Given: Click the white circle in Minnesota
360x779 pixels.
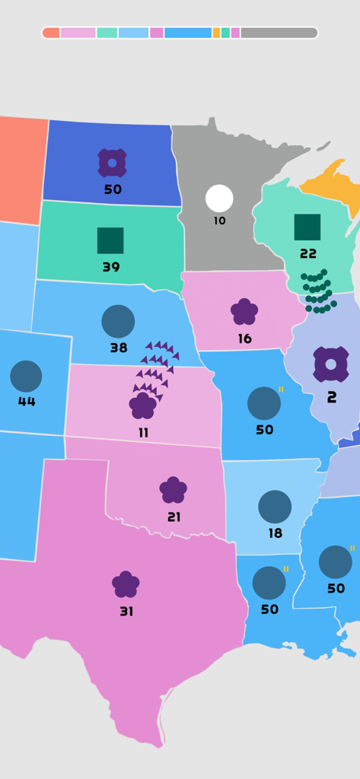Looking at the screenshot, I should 219,199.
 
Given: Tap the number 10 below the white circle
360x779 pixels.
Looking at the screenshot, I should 219,221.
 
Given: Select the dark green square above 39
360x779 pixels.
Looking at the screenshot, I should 110,240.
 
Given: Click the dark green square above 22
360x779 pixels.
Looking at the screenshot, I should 307,227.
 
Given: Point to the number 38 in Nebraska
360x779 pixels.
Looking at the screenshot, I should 118,348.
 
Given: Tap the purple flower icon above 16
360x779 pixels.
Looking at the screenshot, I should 244,311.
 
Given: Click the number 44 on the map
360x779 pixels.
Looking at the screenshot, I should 27,402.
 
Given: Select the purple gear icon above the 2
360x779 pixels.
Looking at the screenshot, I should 331,364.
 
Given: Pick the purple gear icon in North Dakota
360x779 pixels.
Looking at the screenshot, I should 112,163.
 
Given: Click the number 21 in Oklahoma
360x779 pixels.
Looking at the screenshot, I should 174,517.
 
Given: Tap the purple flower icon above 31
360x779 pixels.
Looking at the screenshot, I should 126,584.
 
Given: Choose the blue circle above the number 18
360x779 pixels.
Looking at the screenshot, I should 275,507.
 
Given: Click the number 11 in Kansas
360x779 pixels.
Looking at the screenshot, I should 143,433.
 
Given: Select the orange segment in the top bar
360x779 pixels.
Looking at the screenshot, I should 216,33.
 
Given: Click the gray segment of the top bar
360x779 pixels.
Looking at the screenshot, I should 279,33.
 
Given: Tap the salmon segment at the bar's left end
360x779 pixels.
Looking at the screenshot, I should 51,33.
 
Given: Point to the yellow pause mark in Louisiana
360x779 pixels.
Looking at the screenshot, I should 286,569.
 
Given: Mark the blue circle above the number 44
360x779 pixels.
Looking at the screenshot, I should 26,376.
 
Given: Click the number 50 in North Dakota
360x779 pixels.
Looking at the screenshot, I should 113,189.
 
